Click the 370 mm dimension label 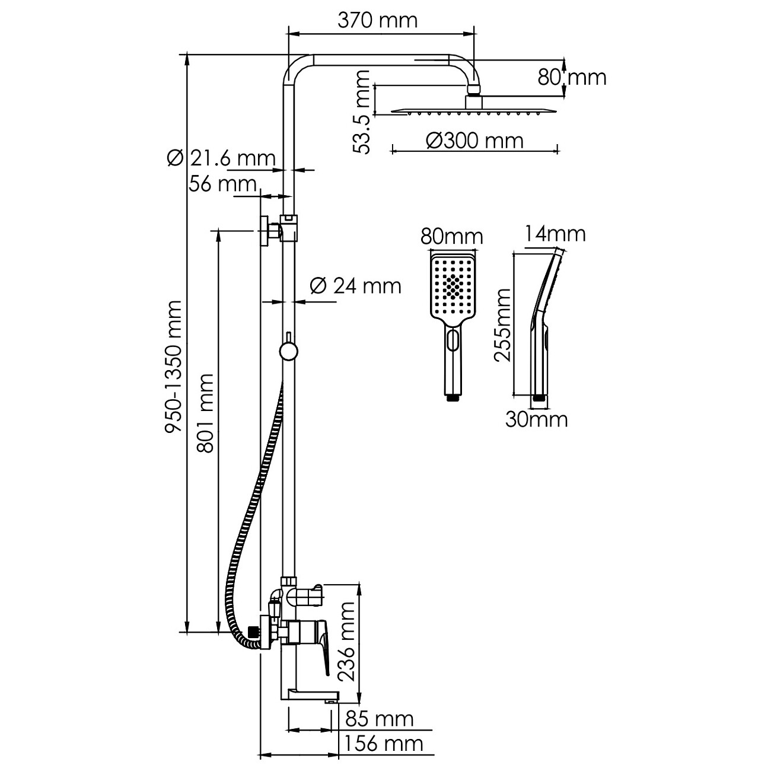[377, 20]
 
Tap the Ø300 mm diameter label [474, 141]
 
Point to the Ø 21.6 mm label [222, 158]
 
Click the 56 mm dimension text [222, 184]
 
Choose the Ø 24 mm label [355, 286]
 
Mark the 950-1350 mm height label [174, 367]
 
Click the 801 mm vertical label [205, 413]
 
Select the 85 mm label [379, 719]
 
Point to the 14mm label [556, 234]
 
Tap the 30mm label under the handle [536, 420]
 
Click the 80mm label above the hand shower [451, 237]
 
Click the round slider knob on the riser [288, 351]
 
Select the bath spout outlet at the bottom [329, 700]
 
